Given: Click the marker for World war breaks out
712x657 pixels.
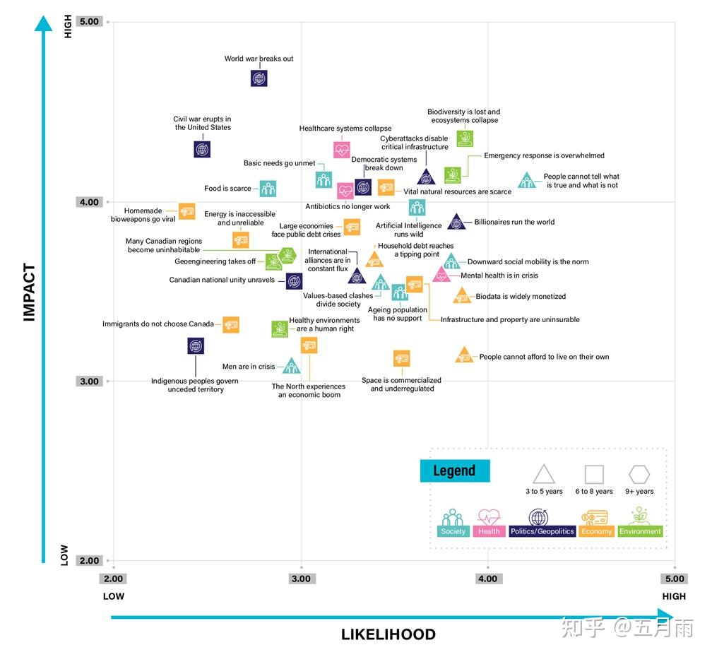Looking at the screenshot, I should click(259, 78).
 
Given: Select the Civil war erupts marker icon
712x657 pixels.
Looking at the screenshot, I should click(202, 149).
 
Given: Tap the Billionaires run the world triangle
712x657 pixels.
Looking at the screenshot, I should click(456, 223).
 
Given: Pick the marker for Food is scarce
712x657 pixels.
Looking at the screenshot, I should click(268, 189).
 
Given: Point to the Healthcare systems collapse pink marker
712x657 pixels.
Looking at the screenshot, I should click(342, 150).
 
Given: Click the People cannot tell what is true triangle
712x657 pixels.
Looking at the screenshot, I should click(526, 182).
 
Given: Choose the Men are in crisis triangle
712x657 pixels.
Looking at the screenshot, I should click(291, 367).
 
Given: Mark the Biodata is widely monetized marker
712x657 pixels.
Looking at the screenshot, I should click(462, 297).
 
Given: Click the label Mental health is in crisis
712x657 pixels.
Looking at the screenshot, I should click(499, 276).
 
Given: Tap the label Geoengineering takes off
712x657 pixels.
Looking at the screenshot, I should click(215, 261).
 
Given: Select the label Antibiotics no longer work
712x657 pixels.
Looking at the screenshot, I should click(348, 207).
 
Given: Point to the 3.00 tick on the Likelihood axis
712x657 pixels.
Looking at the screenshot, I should click(301, 579).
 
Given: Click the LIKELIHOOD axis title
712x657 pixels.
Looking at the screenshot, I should click(388, 634).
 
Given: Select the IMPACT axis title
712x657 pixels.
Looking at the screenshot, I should click(29, 292).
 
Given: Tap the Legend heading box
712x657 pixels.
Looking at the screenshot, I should click(454, 471).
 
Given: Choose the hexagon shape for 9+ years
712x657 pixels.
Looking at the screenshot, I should click(639, 475).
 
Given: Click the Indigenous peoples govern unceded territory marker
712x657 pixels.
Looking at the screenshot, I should click(196, 346).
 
